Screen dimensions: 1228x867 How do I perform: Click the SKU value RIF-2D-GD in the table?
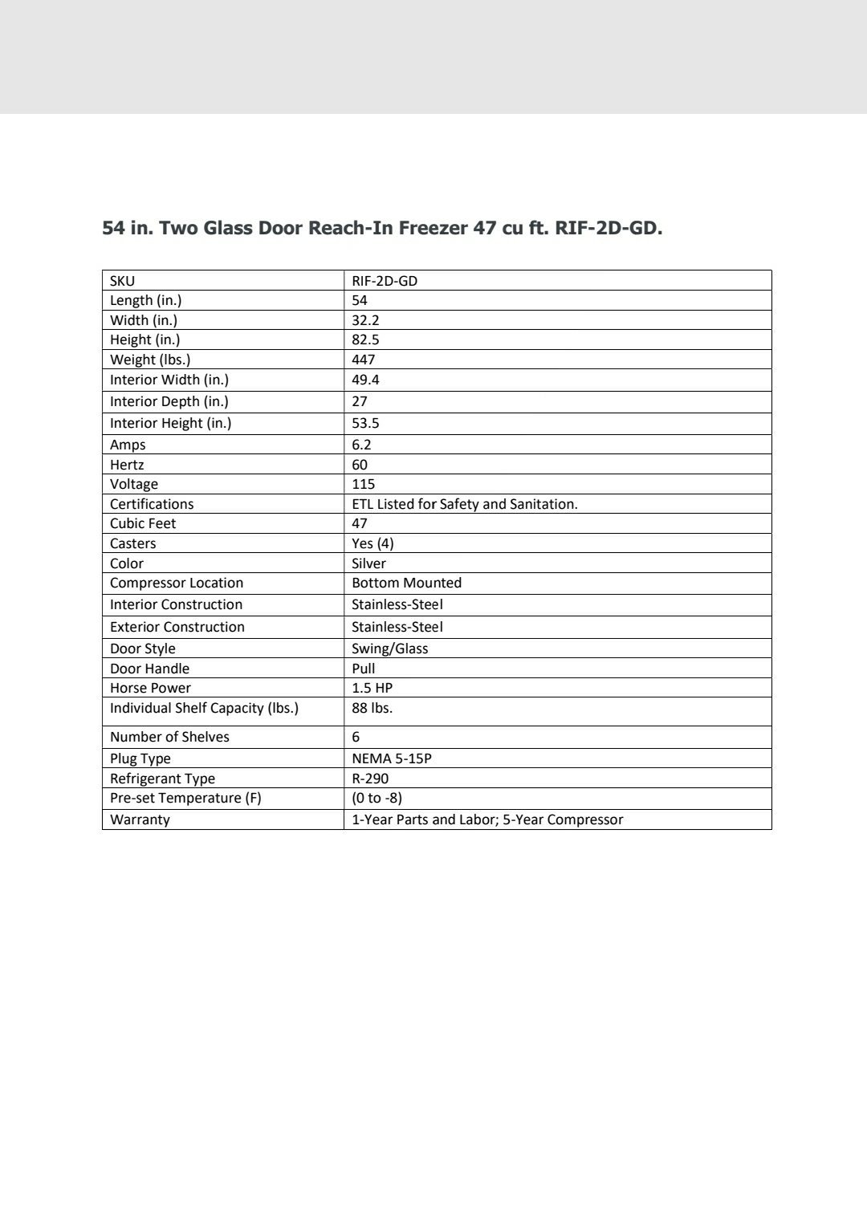pyautogui.click(x=385, y=281)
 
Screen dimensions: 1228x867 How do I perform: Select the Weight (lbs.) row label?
pyautogui.click(x=150, y=360)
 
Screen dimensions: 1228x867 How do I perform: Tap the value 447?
pyautogui.click(x=364, y=360)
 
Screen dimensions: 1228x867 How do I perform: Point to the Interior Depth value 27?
pyautogui.click(x=360, y=401)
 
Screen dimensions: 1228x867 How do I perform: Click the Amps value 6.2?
pyautogui.click(x=361, y=445)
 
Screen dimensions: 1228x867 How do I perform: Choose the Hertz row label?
pyautogui.click(x=127, y=465)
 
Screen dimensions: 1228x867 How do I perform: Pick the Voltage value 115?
pyautogui.click(x=364, y=484)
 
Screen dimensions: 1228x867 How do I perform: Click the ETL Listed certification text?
pyautogui.click(x=464, y=504)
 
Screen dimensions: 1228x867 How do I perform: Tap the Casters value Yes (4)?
pyautogui.click(x=372, y=543)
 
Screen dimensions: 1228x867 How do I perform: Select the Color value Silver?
pyautogui.click(x=368, y=563)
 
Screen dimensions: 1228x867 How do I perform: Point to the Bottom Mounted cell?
pyautogui.click(x=406, y=583)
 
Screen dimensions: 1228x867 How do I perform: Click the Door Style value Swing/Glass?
pyautogui.click(x=389, y=649)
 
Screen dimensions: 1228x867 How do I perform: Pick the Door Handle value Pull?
pyautogui.click(x=364, y=669)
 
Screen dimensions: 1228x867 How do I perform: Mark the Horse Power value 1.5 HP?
pyautogui.click(x=372, y=688)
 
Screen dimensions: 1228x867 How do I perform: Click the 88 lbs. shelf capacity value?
pyautogui.click(x=372, y=708)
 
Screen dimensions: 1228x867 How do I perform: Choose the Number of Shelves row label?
pyautogui.click(x=169, y=737)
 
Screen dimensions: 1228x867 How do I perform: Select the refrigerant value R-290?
pyautogui.click(x=370, y=779)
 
